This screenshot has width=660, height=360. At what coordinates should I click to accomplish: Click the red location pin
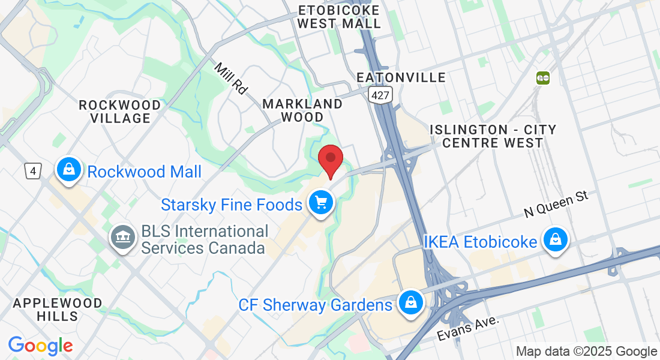pos(330,160)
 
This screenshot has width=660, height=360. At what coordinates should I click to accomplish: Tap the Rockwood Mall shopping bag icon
pos(70,170)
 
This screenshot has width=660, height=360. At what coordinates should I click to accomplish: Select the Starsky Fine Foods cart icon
pos(321,203)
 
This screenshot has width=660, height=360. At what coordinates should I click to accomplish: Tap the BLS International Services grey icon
pos(122,237)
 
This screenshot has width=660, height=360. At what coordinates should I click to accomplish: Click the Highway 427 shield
pos(380,94)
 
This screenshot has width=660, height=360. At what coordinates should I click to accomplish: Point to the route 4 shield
pos(32,171)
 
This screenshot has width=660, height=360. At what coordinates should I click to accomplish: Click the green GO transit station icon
pos(543,77)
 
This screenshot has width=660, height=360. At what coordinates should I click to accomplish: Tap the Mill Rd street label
pos(230,79)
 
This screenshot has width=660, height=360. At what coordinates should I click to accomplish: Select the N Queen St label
pos(557,205)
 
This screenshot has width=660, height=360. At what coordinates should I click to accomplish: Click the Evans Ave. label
pos(468,328)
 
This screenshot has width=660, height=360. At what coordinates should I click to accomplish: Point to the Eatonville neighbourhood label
pos(401,77)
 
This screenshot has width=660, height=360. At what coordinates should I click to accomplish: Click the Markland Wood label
pos(302,110)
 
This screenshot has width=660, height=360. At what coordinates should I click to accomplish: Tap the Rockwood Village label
pos(120,112)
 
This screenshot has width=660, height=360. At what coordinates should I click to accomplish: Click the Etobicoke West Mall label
pos(339,17)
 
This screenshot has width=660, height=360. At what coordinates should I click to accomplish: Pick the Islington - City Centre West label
pos(493,136)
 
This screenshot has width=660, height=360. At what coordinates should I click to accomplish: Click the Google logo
pos(40,346)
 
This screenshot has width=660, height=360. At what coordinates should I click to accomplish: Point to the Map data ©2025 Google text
pos(587,352)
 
